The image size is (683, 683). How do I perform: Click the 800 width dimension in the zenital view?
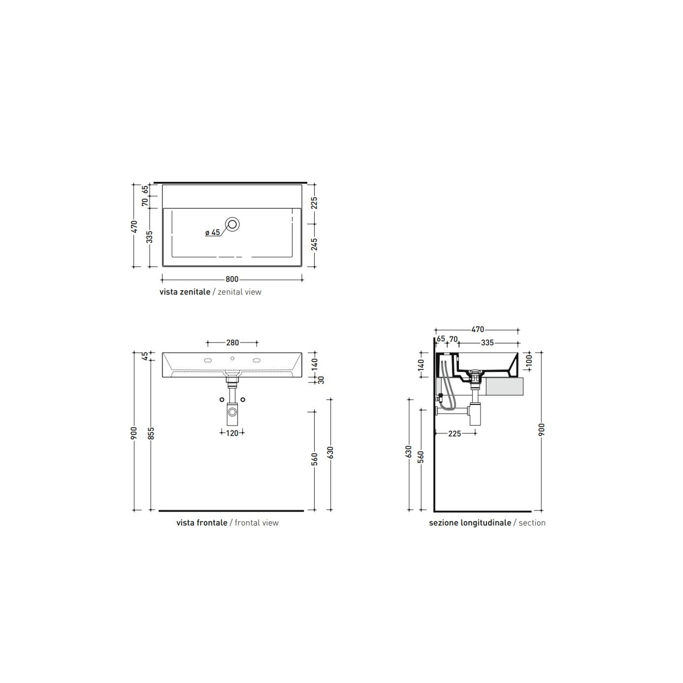[x=232, y=279]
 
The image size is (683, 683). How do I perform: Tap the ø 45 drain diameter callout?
[x=213, y=232]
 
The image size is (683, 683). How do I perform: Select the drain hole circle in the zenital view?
[x=233, y=224]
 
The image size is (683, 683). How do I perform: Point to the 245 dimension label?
[x=314, y=245]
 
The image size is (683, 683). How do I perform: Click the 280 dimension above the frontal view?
[x=233, y=343]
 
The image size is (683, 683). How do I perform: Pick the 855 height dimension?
[x=151, y=434]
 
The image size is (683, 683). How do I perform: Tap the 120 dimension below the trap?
[x=232, y=433]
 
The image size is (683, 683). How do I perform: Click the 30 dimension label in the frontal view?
[x=321, y=380]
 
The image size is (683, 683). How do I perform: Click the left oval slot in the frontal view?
[x=208, y=360]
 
